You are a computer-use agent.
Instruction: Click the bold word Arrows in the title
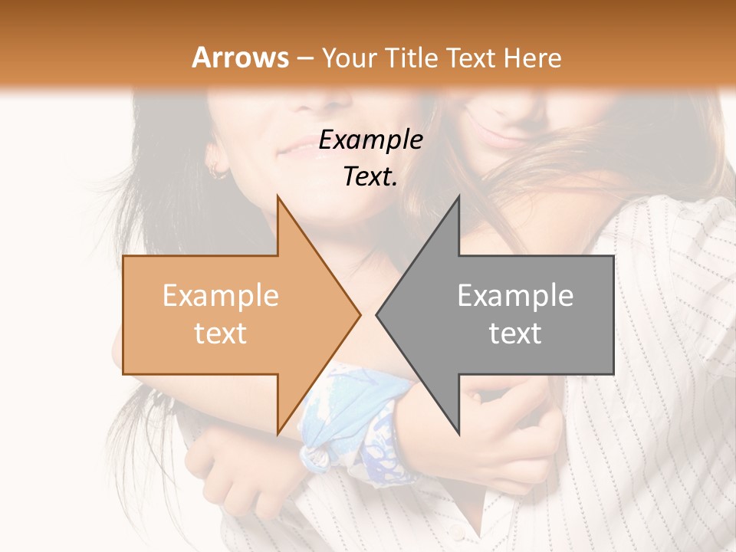(241, 58)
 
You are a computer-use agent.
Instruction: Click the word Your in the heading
(349, 58)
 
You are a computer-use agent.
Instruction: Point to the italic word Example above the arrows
(370, 140)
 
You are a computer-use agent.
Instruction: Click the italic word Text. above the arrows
(370, 176)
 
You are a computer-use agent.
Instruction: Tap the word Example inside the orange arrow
(220, 296)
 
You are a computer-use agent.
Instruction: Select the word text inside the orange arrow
(220, 333)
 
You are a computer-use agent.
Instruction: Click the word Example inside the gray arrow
(515, 296)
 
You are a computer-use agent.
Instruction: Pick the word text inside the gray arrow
(515, 333)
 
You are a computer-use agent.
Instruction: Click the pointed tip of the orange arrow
(359, 314)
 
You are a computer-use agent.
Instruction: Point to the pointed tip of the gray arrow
(378, 314)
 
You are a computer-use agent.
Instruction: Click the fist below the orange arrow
(230, 475)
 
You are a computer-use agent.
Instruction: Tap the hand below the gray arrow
(506, 429)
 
